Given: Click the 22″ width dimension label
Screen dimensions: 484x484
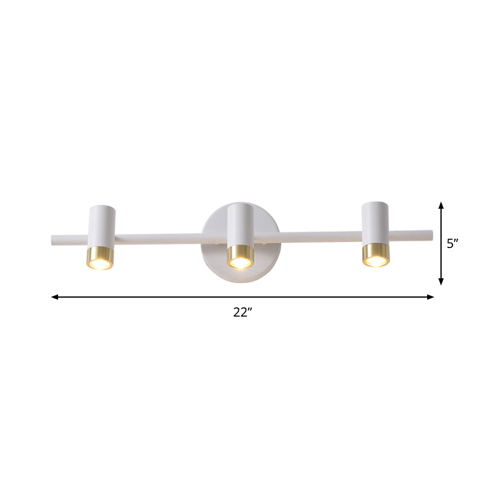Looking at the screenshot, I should click(x=243, y=313).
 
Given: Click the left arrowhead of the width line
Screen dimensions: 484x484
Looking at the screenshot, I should click(x=54, y=297).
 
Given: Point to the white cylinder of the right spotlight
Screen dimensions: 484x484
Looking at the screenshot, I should click(x=375, y=221).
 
